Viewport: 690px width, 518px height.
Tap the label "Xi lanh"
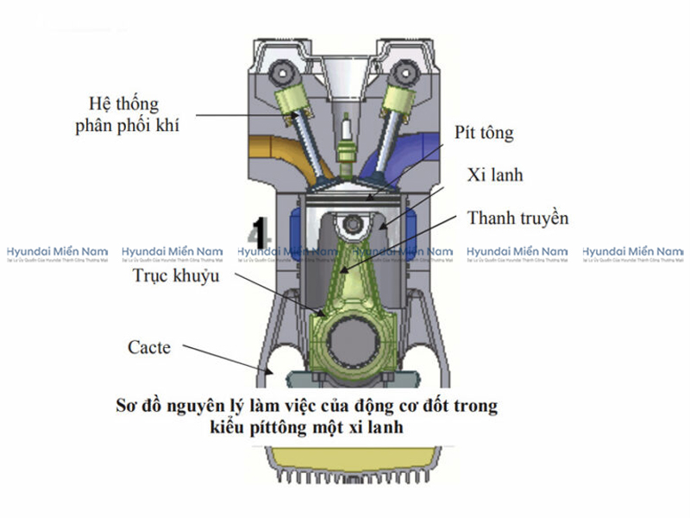click(495, 175)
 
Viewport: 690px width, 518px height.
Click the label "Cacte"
click(149, 348)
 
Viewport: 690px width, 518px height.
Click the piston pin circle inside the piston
click(351, 226)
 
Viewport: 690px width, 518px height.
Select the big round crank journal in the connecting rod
click(352, 337)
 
